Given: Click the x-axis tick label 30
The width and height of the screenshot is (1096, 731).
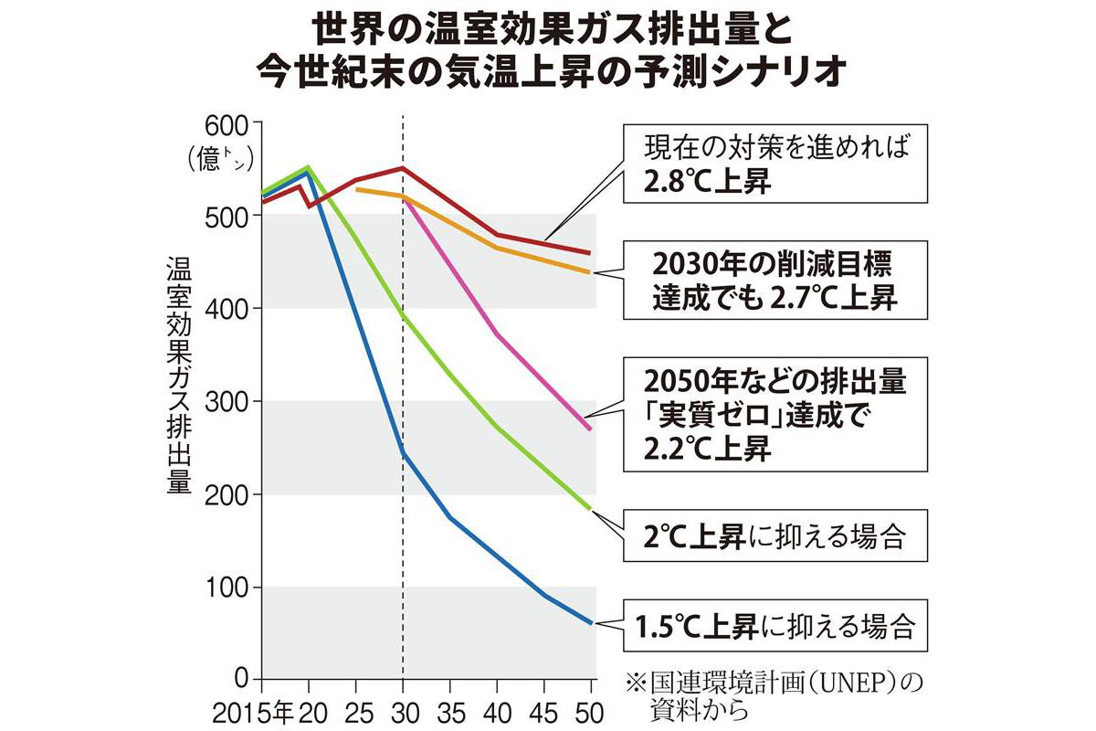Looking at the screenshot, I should click(x=403, y=709).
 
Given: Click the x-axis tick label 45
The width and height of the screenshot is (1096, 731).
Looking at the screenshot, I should click(x=544, y=709).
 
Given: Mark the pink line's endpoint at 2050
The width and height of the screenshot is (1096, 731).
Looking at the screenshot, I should click(x=591, y=429).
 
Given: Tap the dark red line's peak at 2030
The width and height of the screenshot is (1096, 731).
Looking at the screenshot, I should click(x=403, y=168).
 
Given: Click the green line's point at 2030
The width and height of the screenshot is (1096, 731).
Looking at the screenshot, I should click(x=403, y=313).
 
